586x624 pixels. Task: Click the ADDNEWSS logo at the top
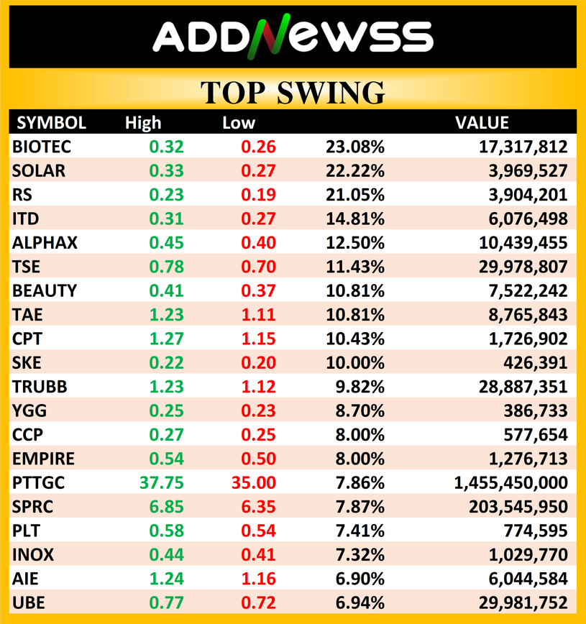[x=293, y=37]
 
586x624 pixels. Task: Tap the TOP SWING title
[x=293, y=93]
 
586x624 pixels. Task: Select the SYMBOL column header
[x=51, y=123]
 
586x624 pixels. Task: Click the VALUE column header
[x=482, y=123]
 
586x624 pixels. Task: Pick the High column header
[x=143, y=123]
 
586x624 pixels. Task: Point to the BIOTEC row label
[x=42, y=147]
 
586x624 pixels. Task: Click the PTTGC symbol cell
[x=38, y=482]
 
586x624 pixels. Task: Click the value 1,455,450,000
[x=511, y=482]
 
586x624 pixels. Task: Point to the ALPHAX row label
[x=45, y=243]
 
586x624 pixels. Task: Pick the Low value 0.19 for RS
[x=258, y=195]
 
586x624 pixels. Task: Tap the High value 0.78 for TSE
[x=167, y=267]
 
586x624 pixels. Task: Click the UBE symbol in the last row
[x=27, y=602]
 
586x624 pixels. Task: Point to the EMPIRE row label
[x=43, y=459]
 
